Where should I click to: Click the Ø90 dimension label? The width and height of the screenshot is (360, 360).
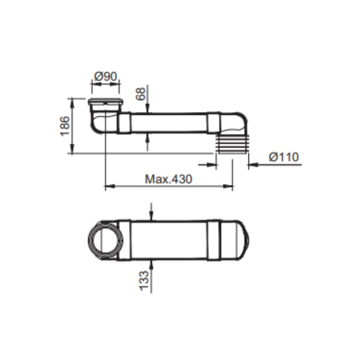pyautogui.click(x=106, y=76)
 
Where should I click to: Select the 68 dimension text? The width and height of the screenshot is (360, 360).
pyautogui.click(x=141, y=94)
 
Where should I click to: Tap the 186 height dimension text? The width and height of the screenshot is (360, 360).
pyautogui.click(x=65, y=126)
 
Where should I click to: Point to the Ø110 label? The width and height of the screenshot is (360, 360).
pyautogui.click(x=284, y=157)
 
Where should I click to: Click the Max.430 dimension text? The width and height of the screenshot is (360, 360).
pyautogui.click(x=169, y=179)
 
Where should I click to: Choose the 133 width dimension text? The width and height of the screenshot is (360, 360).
pyautogui.click(x=144, y=280)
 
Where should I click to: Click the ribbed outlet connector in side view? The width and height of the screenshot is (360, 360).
pyautogui.click(x=232, y=144)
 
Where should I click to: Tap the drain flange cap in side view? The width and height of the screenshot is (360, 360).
pyautogui.click(x=106, y=101)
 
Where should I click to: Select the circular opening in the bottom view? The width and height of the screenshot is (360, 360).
pyautogui.click(x=105, y=240)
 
